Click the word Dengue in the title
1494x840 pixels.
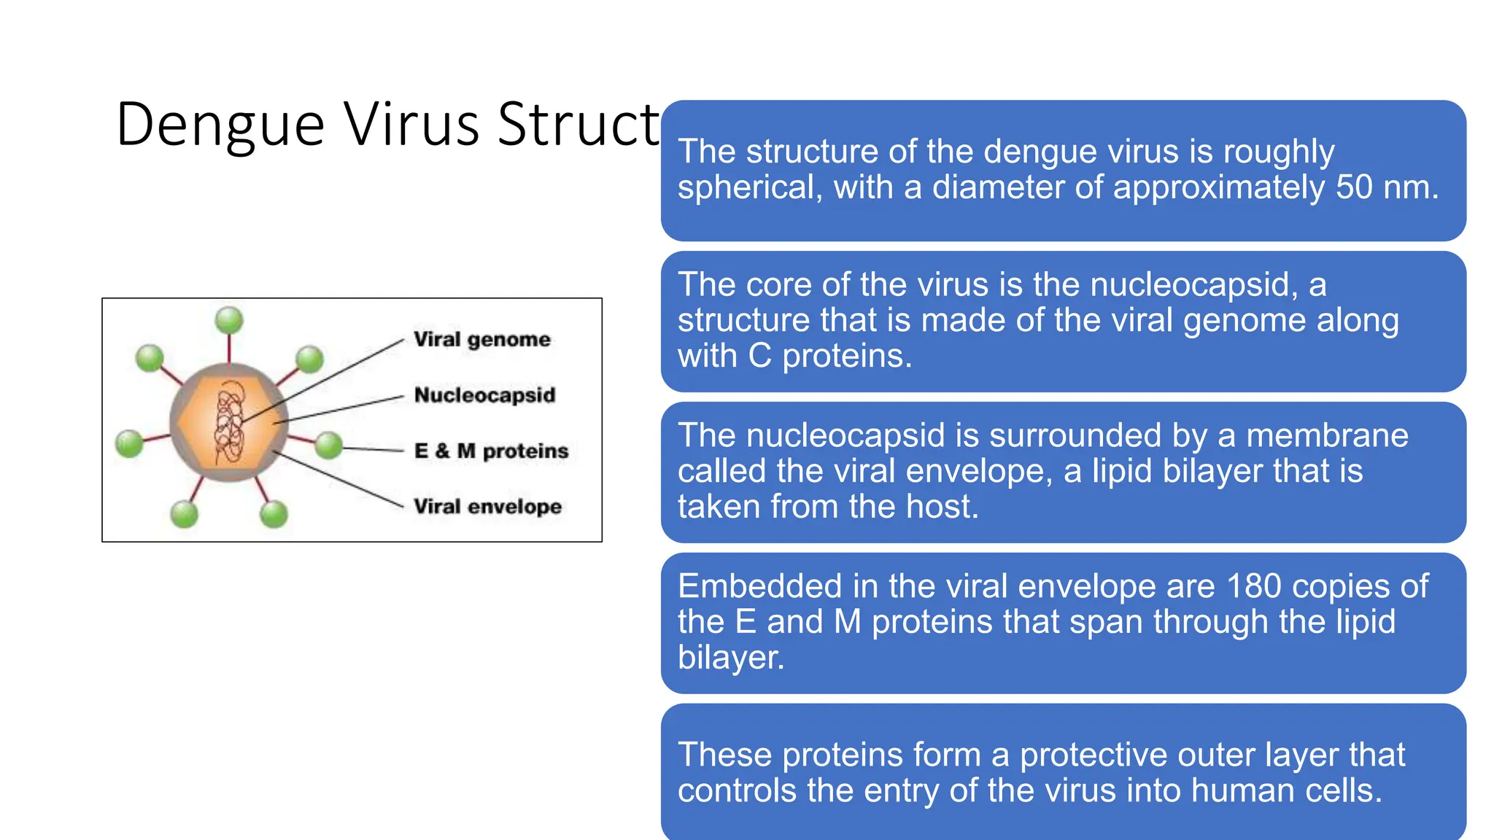(220, 125)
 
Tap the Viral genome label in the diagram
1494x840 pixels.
(481, 339)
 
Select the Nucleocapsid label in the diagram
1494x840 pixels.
(484, 395)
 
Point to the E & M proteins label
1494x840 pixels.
(491, 451)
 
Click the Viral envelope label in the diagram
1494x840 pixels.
(487, 506)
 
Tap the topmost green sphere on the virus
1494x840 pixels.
(229, 319)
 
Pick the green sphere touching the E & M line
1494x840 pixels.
(329, 445)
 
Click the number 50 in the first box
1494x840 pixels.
(1354, 187)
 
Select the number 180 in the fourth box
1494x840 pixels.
(1253, 586)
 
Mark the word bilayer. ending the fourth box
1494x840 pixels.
(730, 658)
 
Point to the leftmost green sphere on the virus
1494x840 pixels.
(129, 443)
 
